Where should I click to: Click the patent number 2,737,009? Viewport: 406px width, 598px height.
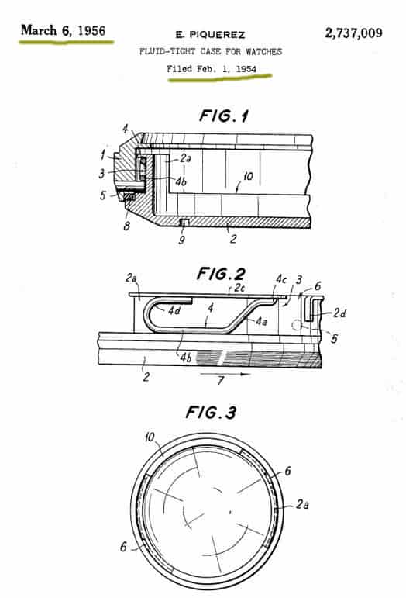[x=353, y=33]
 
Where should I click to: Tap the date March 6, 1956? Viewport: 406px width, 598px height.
[x=64, y=30]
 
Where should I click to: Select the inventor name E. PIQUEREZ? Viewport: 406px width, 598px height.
[x=210, y=35]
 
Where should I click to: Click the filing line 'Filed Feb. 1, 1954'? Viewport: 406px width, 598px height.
[x=212, y=69]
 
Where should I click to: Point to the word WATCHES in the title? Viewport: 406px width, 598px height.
[x=263, y=51]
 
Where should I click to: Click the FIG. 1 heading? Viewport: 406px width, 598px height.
[x=224, y=116]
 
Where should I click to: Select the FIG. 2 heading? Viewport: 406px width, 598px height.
[x=221, y=274]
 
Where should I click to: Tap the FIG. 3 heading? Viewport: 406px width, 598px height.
[x=211, y=413]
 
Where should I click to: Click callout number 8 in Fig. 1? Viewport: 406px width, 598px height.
[x=126, y=226]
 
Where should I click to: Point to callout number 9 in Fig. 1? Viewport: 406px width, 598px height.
[x=181, y=240]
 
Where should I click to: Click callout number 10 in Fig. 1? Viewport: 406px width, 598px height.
[x=248, y=176]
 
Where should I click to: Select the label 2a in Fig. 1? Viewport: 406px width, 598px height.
[x=185, y=158]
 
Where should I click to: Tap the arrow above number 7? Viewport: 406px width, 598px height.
[x=225, y=374]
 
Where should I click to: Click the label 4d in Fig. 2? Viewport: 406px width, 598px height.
[x=174, y=310]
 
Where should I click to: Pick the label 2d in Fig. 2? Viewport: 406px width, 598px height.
[x=339, y=313]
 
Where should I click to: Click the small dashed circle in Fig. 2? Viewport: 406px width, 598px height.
[x=297, y=325]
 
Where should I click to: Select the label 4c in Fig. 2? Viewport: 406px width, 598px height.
[x=281, y=279]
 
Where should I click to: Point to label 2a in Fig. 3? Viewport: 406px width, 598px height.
[x=302, y=505]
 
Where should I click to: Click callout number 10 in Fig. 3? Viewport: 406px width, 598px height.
[x=150, y=437]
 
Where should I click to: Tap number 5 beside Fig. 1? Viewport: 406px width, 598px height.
[x=103, y=195]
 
